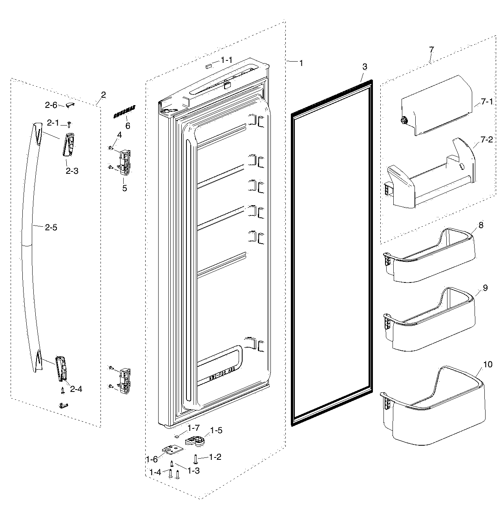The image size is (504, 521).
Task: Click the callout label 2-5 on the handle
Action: pyautogui.click(x=51, y=227)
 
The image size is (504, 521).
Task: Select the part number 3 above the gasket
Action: pyautogui.click(x=365, y=67)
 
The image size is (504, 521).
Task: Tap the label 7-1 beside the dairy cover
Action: pyautogui.click(x=487, y=103)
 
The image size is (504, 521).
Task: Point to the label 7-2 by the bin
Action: pyautogui.click(x=487, y=140)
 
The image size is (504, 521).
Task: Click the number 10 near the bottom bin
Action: pyautogui.click(x=488, y=364)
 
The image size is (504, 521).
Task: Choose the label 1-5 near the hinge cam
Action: pyautogui.click(x=216, y=430)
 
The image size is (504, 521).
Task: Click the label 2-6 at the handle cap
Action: pyautogui.click(x=51, y=105)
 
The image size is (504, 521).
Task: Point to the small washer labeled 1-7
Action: pyautogui.click(x=177, y=435)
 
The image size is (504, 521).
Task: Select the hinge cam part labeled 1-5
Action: pyautogui.click(x=195, y=441)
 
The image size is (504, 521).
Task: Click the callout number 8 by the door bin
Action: pyautogui.click(x=481, y=225)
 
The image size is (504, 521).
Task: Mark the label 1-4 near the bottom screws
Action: pyautogui.click(x=155, y=472)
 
